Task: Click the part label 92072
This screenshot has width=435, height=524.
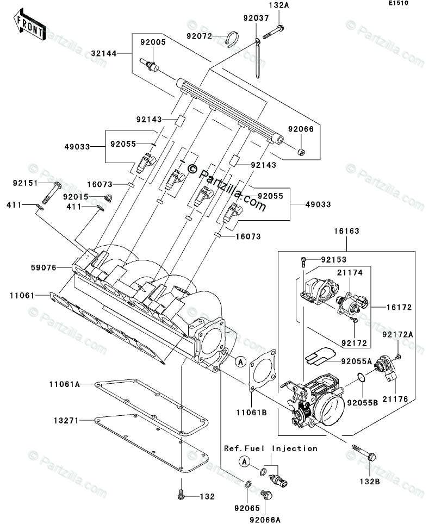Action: tap(198, 36)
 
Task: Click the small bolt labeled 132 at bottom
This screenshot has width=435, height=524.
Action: tap(181, 495)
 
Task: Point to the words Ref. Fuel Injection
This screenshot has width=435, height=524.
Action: tap(271, 448)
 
